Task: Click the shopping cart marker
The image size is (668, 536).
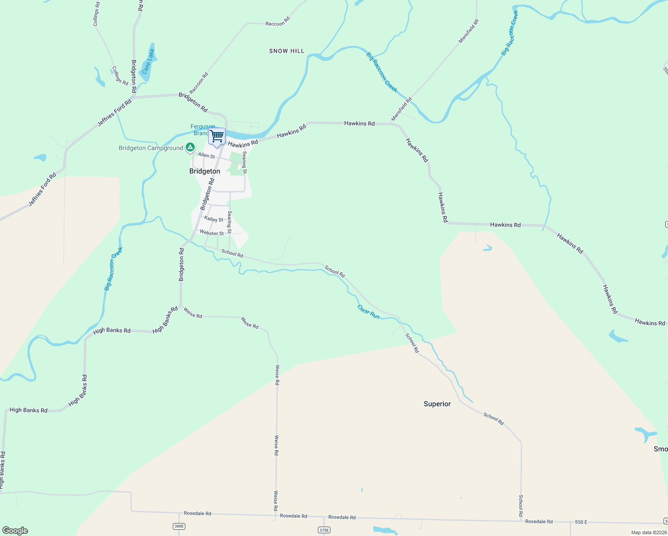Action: (x=217, y=136)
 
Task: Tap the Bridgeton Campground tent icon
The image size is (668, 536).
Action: (x=190, y=147)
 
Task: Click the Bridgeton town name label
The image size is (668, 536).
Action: (x=205, y=172)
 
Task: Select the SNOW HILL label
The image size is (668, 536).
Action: (x=287, y=51)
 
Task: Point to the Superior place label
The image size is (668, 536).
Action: (x=437, y=404)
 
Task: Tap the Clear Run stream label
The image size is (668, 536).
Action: (x=368, y=312)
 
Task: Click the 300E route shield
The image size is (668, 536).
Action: (x=179, y=526)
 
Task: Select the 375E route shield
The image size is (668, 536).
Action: (x=324, y=530)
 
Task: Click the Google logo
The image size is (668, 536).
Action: (x=15, y=531)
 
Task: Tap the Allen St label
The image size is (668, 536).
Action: (x=206, y=155)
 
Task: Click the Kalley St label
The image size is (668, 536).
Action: (x=213, y=219)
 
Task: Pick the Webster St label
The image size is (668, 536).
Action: (x=212, y=233)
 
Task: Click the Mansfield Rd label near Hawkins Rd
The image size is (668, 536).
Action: (x=401, y=109)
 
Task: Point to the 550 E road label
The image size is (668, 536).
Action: (x=581, y=522)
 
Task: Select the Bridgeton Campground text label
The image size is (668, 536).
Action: (x=151, y=148)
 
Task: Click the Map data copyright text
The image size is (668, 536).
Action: (x=649, y=532)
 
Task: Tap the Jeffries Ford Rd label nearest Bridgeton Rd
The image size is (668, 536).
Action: (x=115, y=112)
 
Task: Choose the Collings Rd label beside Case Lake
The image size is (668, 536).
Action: (x=120, y=76)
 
